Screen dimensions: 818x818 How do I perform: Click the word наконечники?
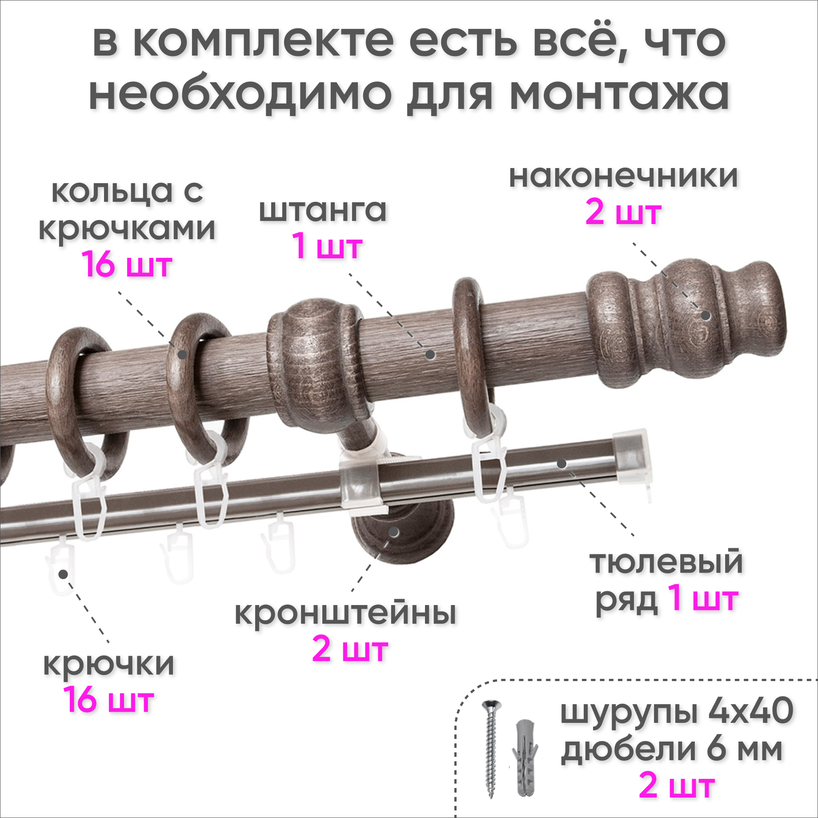pyautogui.click(x=623, y=177)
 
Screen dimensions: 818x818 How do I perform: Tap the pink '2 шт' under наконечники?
pyautogui.click(x=623, y=213)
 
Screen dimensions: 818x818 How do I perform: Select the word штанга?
pyautogui.click(x=323, y=210)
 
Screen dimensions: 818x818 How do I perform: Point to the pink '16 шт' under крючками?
pyautogui.click(x=127, y=265)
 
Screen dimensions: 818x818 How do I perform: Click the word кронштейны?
pyautogui.click(x=345, y=614)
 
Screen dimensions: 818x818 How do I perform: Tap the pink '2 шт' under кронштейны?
pyautogui.click(x=350, y=650)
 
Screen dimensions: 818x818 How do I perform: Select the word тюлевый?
pyautogui.click(x=666, y=563)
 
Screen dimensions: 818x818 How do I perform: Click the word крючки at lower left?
pyautogui.click(x=108, y=664)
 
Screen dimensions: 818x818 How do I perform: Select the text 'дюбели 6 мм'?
pyautogui.click(x=671, y=750)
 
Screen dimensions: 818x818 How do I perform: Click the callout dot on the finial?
pyautogui.click(x=706, y=316)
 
